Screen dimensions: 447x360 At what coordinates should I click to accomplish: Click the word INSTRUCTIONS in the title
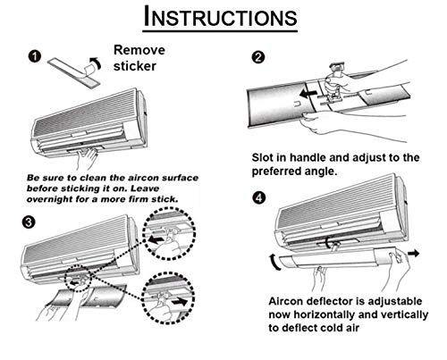[220, 17]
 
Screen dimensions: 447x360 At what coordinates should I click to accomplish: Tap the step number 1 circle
[35, 56]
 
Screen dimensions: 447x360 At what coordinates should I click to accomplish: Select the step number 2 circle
[258, 57]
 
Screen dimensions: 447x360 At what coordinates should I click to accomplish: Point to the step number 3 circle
[29, 222]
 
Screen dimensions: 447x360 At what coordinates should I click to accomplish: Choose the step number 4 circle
[259, 197]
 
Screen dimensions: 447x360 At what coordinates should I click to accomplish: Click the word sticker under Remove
[135, 66]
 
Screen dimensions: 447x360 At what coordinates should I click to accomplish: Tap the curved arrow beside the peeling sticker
[97, 63]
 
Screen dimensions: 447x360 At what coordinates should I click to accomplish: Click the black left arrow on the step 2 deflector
[308, 94]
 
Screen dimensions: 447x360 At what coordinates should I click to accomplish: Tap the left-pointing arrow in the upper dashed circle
[156, 239]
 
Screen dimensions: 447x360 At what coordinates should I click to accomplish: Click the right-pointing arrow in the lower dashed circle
[181, 301]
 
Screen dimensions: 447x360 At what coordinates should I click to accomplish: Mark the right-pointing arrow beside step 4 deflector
[414, 254]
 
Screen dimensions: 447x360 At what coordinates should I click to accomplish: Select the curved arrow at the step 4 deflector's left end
[275, 263]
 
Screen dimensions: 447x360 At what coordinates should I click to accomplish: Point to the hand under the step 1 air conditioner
[87, 159]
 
